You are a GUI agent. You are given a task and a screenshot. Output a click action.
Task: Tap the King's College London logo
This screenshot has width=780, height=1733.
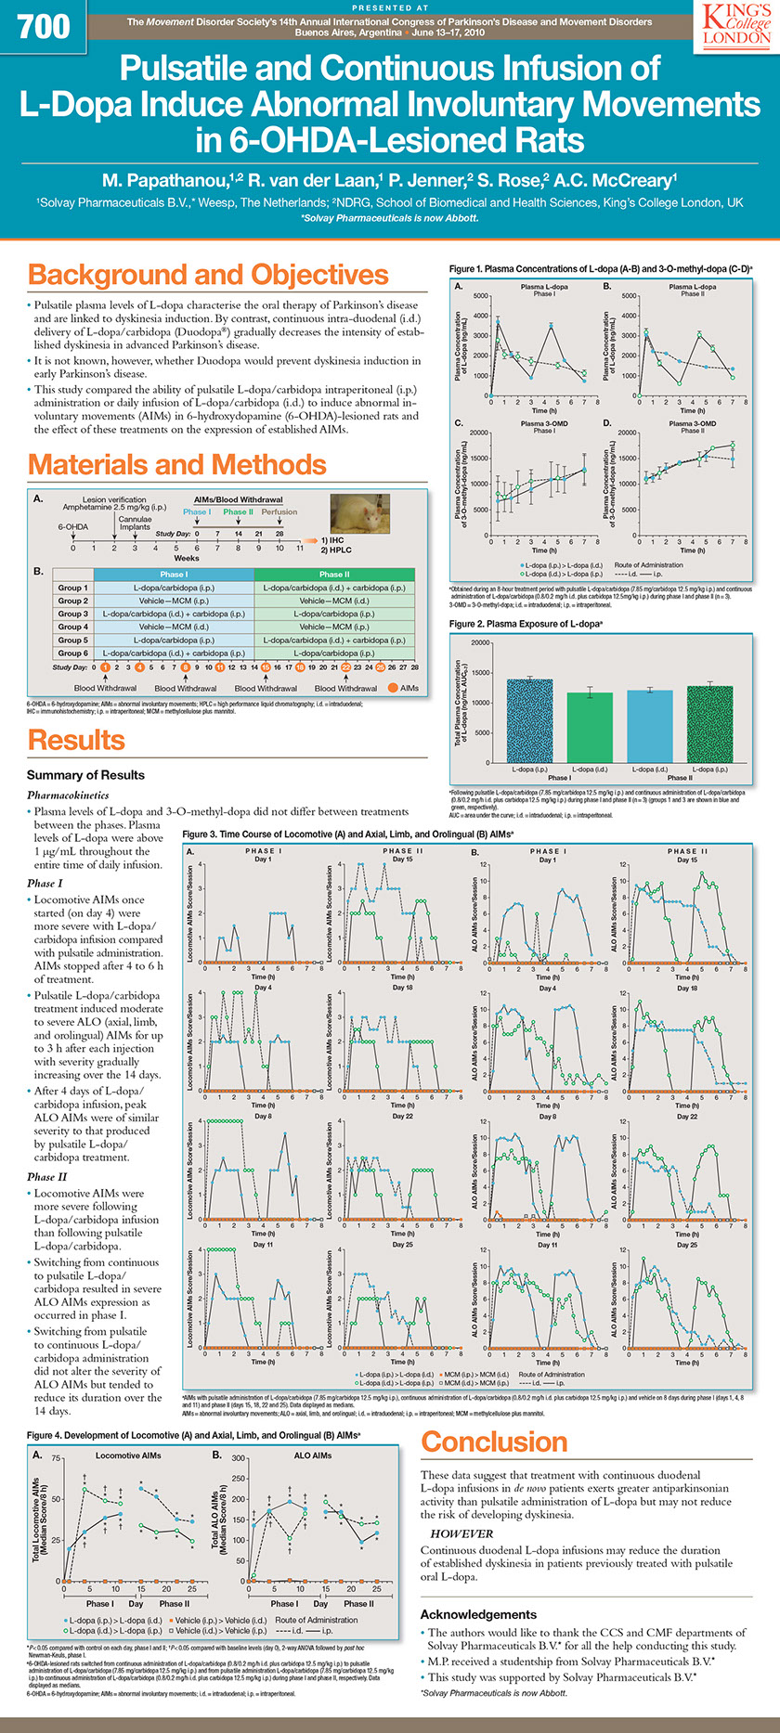[735, 22]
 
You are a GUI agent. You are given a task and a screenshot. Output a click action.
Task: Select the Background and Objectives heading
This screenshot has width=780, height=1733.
[208, 275]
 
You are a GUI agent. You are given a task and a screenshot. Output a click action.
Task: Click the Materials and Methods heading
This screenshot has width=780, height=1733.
[176, 464]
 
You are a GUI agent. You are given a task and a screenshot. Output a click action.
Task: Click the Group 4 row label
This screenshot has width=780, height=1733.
[73, 627]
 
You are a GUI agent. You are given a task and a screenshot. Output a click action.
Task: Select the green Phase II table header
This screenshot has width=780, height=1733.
[334, 575]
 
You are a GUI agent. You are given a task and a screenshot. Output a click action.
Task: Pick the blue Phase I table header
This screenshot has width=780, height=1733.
[173, 575]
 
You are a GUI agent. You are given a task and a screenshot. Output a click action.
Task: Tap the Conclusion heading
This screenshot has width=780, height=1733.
[494, 1442]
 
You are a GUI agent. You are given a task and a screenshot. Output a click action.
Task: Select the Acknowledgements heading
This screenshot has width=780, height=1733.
[478, 1614]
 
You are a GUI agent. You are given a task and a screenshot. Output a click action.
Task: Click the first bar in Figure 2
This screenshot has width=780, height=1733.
[529, 721]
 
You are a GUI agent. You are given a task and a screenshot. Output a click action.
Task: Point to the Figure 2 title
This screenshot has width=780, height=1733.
[526, 624]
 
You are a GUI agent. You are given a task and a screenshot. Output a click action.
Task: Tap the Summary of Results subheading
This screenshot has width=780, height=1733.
[85, 775]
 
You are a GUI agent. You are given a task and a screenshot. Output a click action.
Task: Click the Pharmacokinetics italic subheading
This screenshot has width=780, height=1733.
[68, 795]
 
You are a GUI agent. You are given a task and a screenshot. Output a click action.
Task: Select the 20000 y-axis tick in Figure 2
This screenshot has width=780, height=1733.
[480, 642]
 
